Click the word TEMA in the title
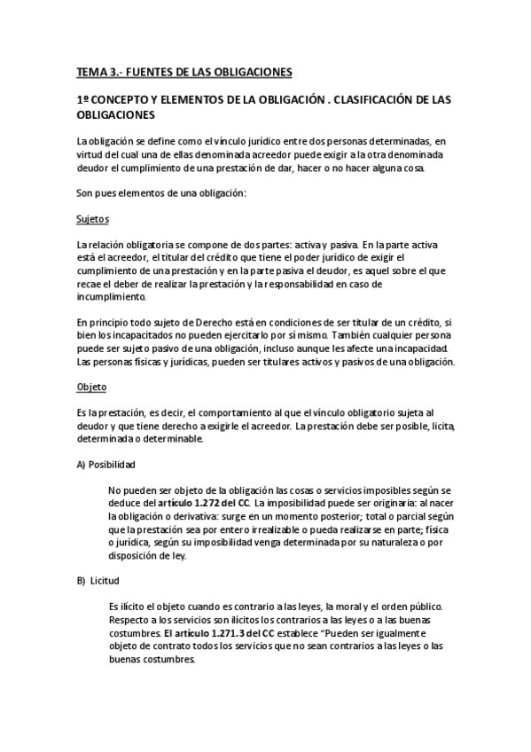click(90, 70)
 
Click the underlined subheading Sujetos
click(93, 218)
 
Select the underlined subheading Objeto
click(91, 388)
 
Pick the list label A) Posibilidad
click(105, 465)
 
